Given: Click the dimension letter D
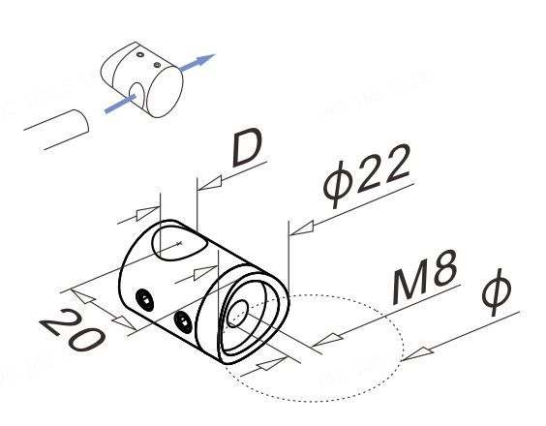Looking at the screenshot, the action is pos(248,147).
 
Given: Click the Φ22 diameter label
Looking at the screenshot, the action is pos(367,176).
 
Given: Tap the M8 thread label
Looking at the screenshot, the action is pos(425,277).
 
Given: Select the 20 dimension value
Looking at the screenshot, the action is pos(73,330).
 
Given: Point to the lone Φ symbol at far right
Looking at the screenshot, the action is pos(497,291).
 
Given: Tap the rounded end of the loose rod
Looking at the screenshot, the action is pos(83,121).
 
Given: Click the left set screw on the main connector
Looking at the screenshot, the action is pos(145,299).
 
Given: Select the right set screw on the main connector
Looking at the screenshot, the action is pos(184,321).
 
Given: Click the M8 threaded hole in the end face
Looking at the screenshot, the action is pos(237,314).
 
